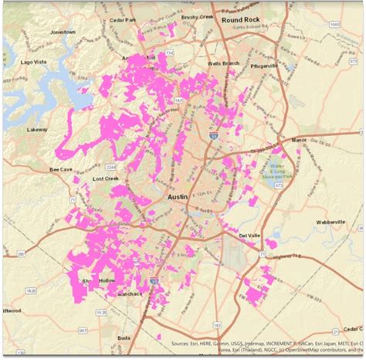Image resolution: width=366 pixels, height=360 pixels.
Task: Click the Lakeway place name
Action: [36, 131]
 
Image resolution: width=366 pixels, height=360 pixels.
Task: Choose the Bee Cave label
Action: [61, 169]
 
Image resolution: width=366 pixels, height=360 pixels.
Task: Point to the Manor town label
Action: [298, 140]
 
